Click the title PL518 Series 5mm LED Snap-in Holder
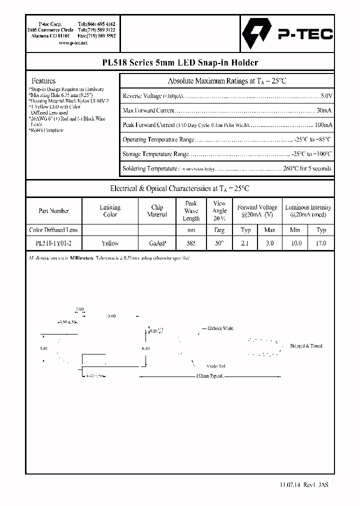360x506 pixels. tap(179, 62)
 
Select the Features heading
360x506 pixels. tap(43, 80)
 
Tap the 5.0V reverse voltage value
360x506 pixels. tap(326, 95)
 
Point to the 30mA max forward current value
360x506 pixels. tap(324, 110)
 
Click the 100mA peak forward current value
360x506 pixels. tap(322, 124)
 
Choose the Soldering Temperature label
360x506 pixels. tap(149, 168)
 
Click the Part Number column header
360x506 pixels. tap(53, 210)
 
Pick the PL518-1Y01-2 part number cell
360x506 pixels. tap(53, 243)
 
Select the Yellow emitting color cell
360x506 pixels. tap(110, 243)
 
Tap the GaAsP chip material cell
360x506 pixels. tap(157, 243)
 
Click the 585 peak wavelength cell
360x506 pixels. tap(191, 243)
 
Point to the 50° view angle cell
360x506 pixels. tap(219, 243)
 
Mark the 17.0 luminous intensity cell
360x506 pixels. tap(321, 243)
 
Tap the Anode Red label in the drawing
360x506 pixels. tap(215, 366)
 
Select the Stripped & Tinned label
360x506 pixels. tap(306, 345)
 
